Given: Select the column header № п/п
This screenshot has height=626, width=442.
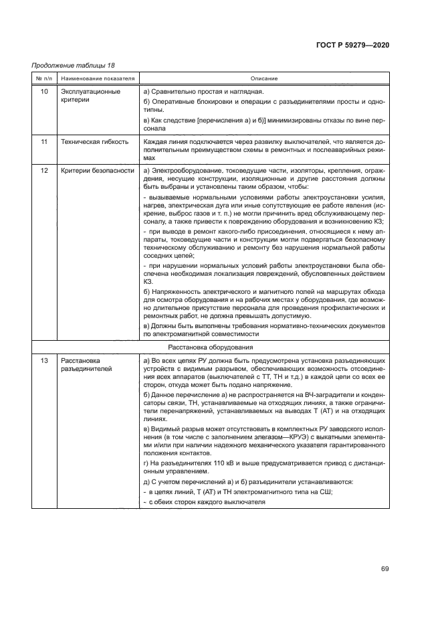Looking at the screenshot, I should tap(43, 78).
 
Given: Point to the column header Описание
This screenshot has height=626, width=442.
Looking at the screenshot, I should tap(264, 78).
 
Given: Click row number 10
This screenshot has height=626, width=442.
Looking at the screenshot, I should tap(43, 91).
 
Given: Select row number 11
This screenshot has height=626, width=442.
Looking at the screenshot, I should tap(43, 142).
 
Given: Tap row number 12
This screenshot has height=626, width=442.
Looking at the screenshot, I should tap(43, 171).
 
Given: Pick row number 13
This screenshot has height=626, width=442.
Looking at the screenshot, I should tap(43, 361).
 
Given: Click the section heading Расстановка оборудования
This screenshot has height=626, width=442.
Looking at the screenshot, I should tap(210, 348).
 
